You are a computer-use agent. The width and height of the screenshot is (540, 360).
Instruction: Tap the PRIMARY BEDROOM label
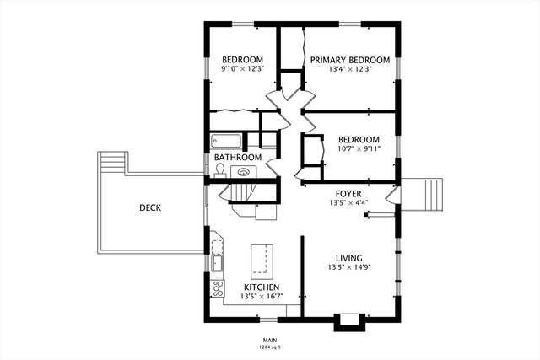[350, 60]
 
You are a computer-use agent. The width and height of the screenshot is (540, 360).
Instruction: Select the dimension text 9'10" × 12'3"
[242, 69]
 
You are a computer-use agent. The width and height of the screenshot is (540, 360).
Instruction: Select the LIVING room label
[349, 259]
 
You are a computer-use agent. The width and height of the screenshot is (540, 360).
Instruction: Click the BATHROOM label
[237, 158]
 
